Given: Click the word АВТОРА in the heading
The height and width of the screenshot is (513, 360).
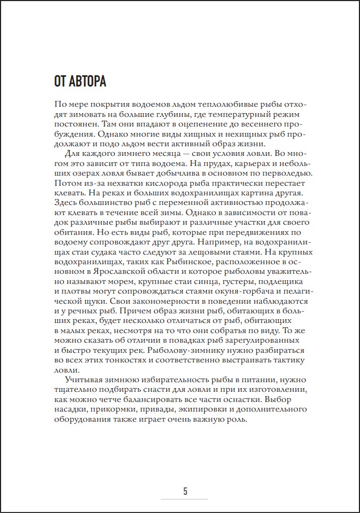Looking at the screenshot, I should pos(87,82).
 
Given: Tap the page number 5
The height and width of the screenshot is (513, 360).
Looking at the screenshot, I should pos(185,491).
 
